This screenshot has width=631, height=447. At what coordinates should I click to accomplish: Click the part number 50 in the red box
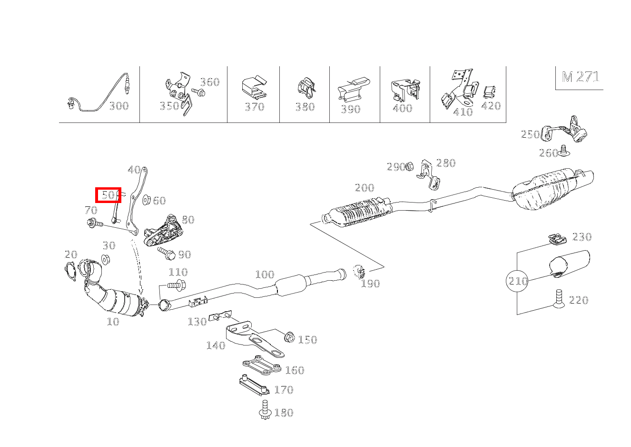coord(108,195)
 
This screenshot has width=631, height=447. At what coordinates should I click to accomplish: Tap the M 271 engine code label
coord(580,77)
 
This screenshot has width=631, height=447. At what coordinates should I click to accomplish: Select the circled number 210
coord(518,281)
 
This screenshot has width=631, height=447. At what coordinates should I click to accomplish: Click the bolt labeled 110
coord(176,286)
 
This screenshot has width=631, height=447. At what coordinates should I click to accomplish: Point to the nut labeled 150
coord(288,337)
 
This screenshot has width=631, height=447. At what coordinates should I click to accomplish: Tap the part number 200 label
coord(364,188)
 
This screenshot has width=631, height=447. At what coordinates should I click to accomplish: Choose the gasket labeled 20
coord(70,271)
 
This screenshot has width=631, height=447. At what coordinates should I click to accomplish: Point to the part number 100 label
coord(265,274)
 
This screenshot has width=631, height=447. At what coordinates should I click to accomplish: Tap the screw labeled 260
coord(565,151)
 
